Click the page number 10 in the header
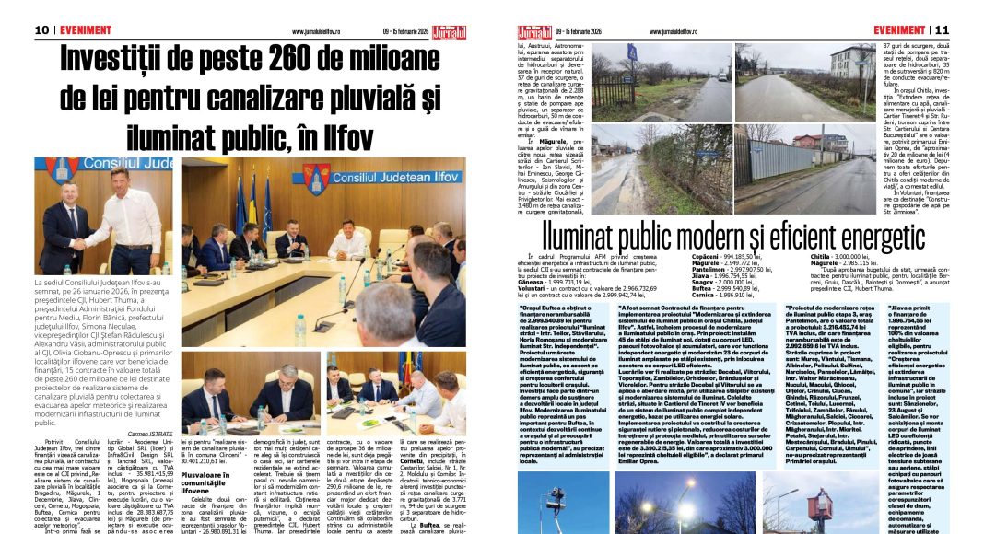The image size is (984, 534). click(41, 29)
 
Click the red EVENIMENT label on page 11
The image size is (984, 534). click(899, 29)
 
